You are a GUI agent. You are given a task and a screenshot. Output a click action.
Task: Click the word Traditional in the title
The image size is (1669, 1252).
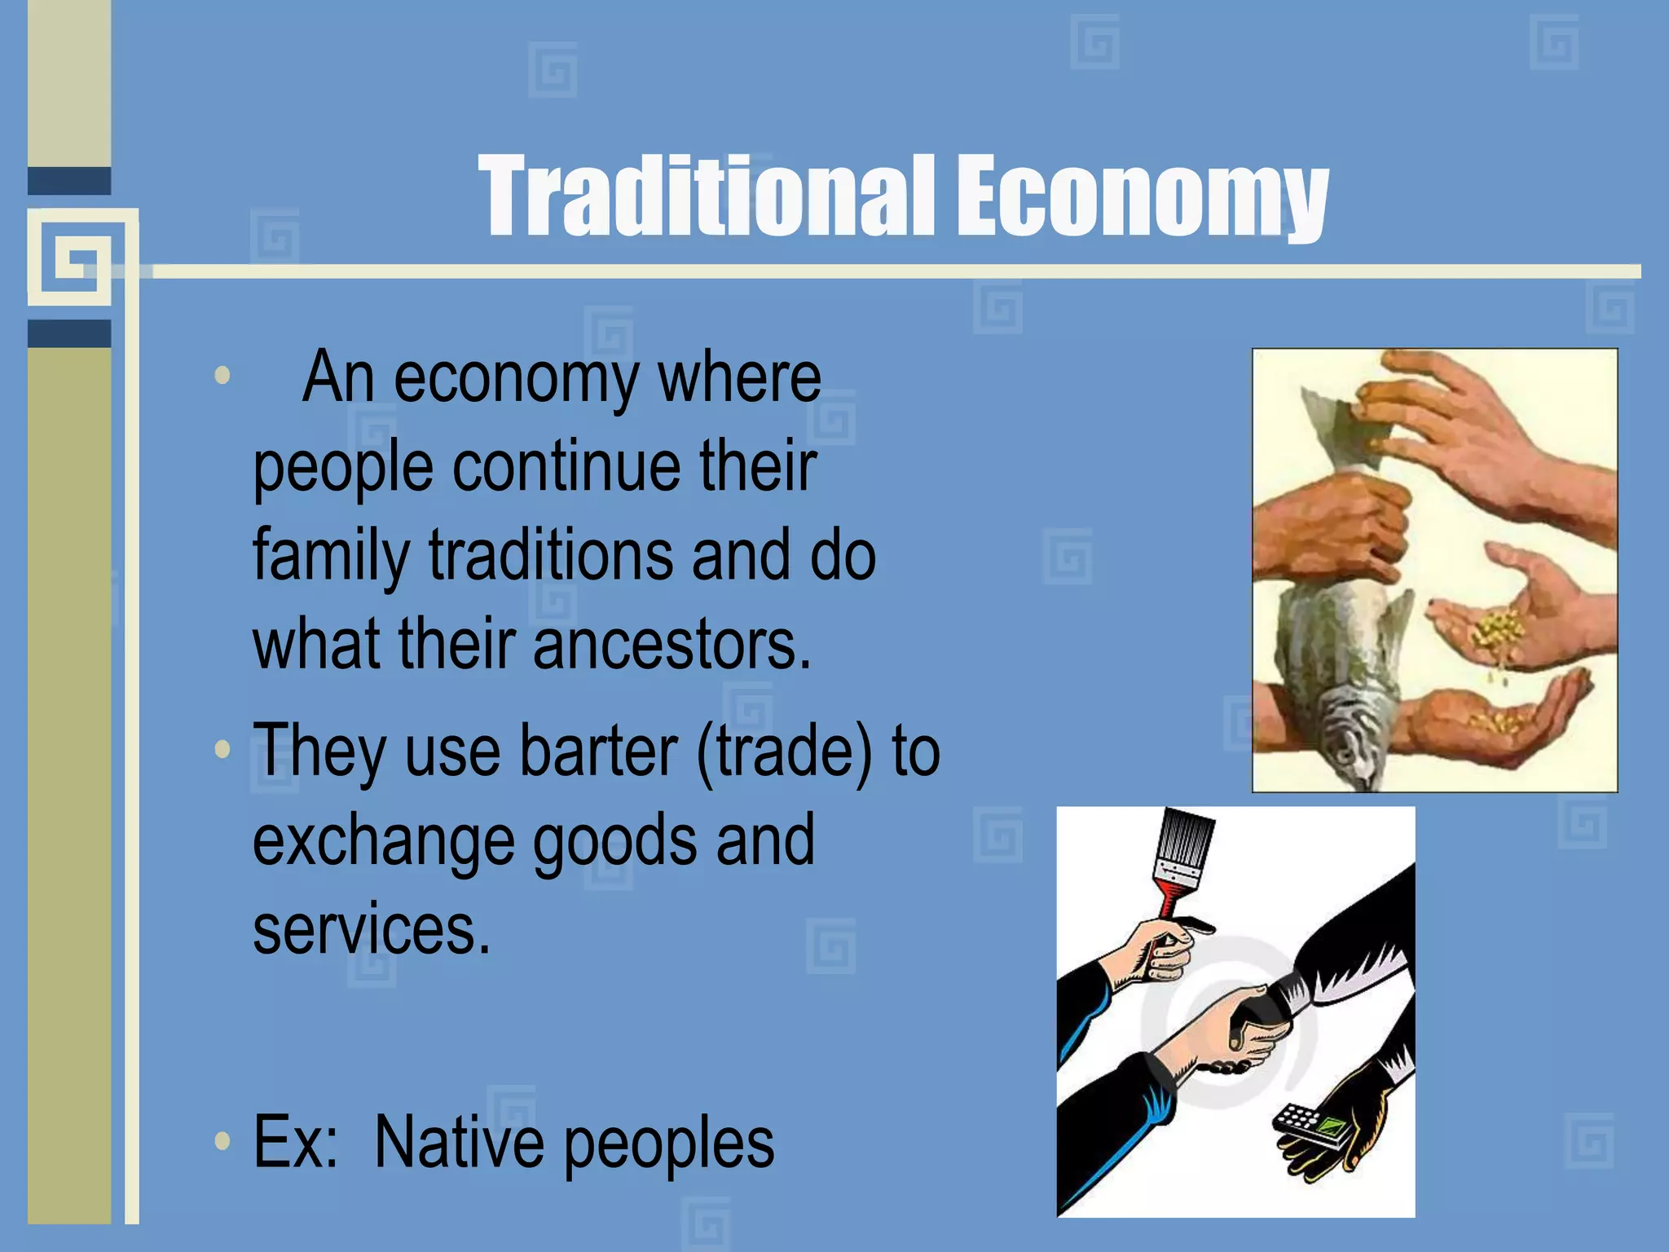[706, 197]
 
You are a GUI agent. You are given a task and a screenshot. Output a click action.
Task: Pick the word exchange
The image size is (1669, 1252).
[383, 841]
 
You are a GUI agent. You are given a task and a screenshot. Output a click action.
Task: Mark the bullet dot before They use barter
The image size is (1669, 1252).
[222, 749]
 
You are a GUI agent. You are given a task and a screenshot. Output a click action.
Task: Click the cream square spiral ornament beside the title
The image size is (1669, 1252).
[81, 259]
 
